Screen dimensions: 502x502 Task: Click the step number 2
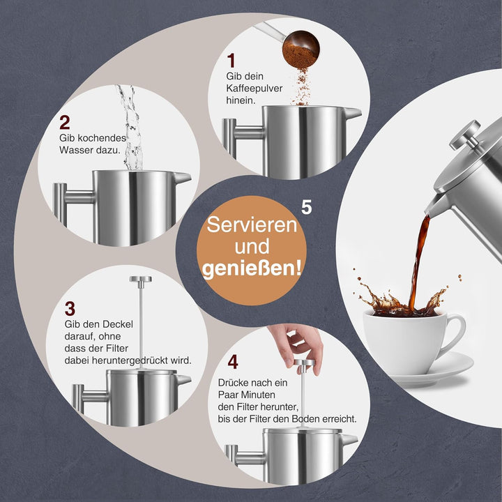tap(65, 123)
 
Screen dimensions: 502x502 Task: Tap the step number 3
tap(70, 307)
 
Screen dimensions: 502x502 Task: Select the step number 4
tap(233, 362)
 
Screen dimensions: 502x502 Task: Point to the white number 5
tap(307, 207)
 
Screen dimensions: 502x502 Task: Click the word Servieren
tap(251, 227)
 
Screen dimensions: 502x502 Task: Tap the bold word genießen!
tap(252, 268)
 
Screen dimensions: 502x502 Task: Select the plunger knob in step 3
tap(140, 280)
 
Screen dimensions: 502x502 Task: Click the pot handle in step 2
tap(62, 202)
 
